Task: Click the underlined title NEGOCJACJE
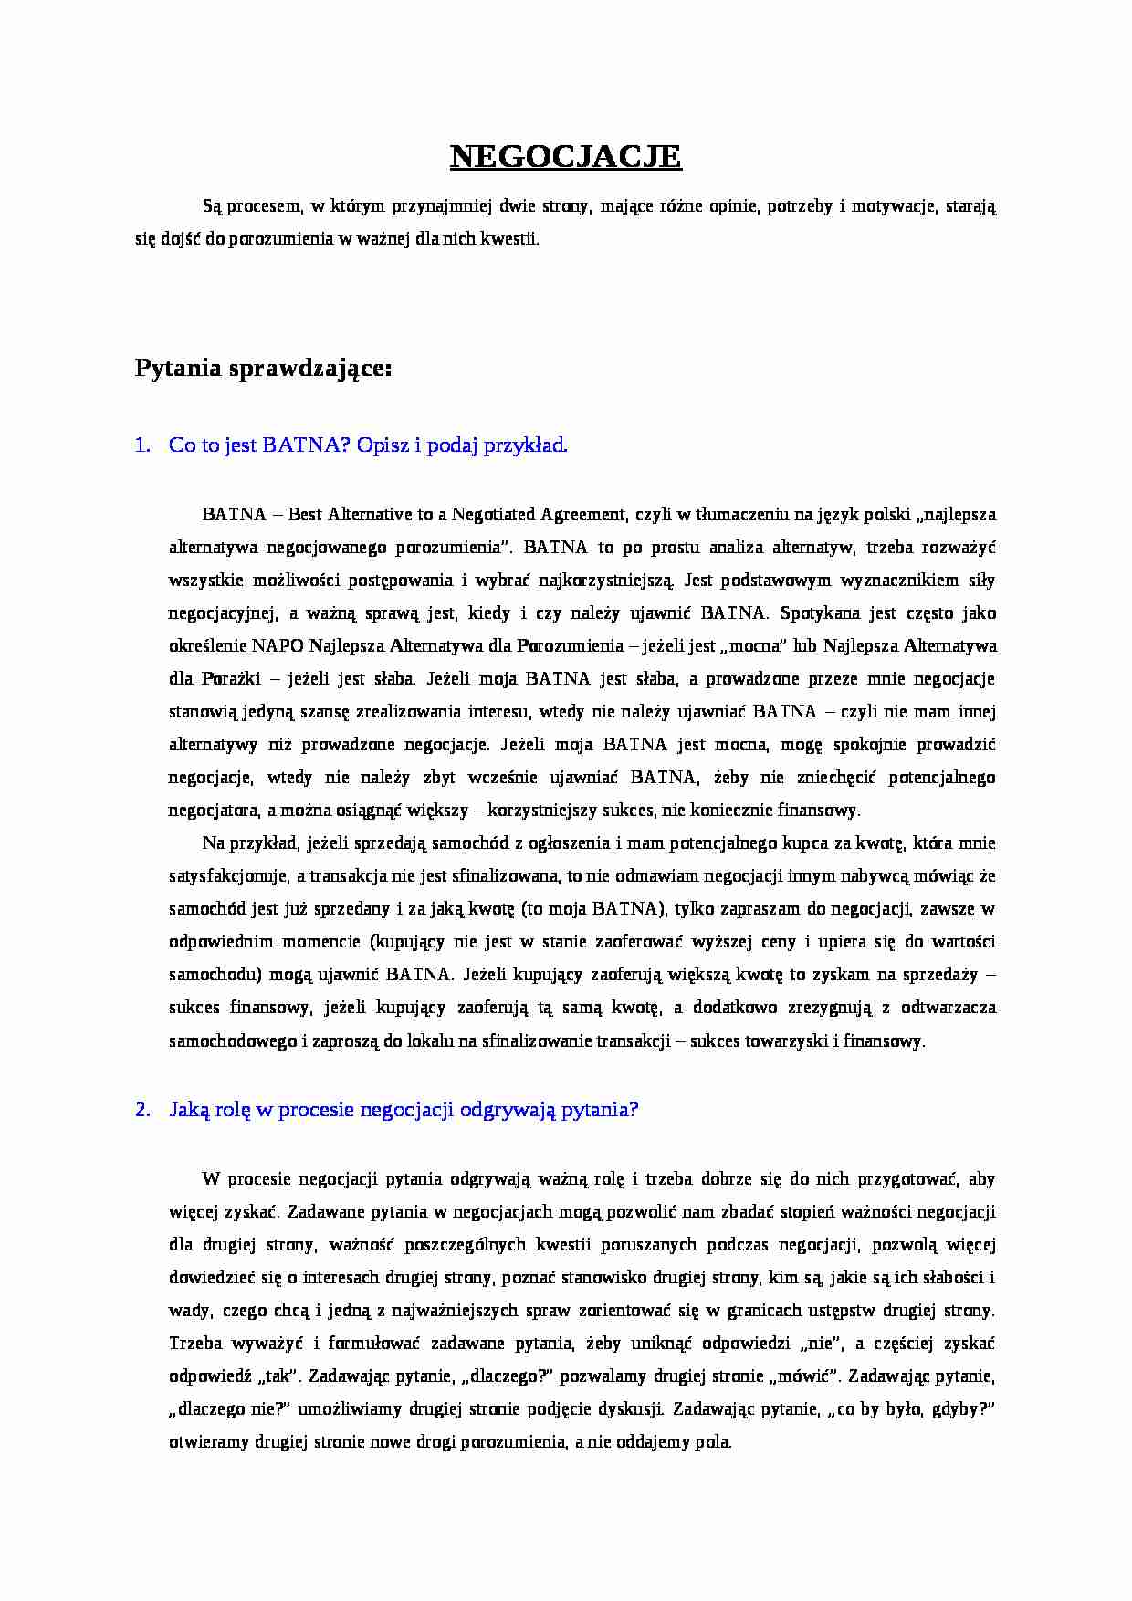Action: [x=565, y=157]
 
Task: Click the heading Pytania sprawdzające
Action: [x=263, y=369]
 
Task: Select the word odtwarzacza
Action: [x=948, y=1008]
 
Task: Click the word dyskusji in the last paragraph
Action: [x=628, y=1409]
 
